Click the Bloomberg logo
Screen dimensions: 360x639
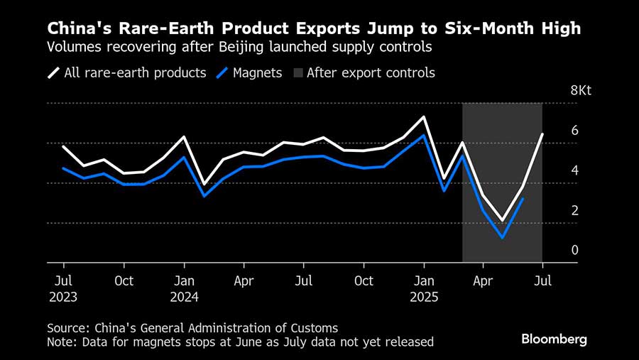tap(554, 339)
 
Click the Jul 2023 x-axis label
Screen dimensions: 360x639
tap(62, 288)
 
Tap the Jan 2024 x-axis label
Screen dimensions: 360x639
tap(183, 288)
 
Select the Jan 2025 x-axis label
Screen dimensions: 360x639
tap(424, 288)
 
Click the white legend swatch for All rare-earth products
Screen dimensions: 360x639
tap(54, 72)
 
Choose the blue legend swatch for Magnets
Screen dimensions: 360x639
tap(225, 72)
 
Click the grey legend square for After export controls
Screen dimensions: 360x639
tap(297, 72)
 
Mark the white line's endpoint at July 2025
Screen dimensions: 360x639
tap(542, 134)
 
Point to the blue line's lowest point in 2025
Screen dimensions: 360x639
tap(502, 237)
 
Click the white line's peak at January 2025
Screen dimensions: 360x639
tap(424, 116)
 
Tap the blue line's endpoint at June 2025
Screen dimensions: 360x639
tap(523, 199)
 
